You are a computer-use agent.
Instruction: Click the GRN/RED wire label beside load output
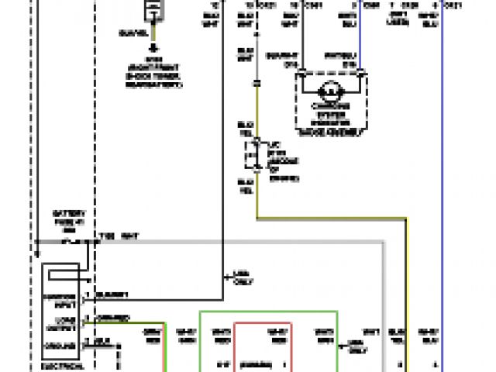pos(112,318)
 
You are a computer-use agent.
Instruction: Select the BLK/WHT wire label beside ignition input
pos(112,295)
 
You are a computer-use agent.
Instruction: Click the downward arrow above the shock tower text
pos(153,46)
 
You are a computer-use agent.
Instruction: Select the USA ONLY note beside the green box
pos(354,343)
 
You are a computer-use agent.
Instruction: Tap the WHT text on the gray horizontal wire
pos(129,236)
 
